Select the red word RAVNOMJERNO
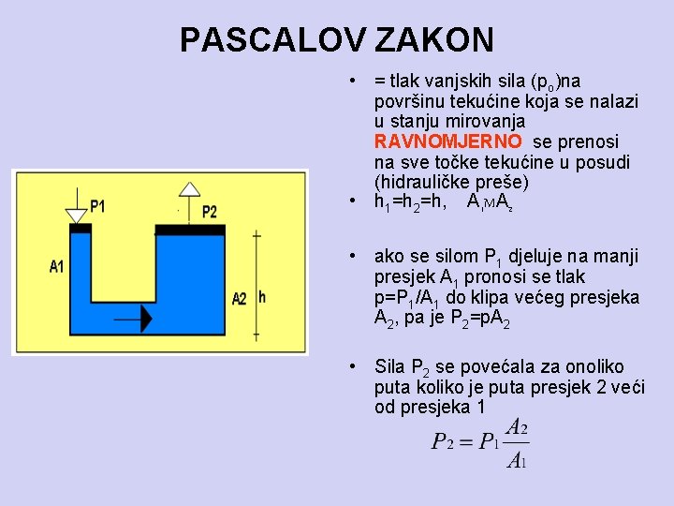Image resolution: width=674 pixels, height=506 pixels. pos(448,141)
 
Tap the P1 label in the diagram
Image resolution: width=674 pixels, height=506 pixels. pos(97,206)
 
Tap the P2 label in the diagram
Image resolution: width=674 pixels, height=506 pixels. pos(209,212)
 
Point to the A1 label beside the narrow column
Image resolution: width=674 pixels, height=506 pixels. pos(57,267)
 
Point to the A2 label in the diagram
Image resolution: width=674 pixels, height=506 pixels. pos(240,298)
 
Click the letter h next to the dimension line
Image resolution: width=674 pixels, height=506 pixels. pos(262,297)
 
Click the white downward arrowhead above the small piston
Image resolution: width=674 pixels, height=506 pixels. pos(77,216)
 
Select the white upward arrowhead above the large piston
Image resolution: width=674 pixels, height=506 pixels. pos(190,189)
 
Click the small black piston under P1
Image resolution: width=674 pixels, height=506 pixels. pos(79,229)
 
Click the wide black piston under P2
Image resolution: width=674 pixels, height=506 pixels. pos(190,230)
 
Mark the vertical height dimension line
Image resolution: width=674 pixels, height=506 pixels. pos(256,281)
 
